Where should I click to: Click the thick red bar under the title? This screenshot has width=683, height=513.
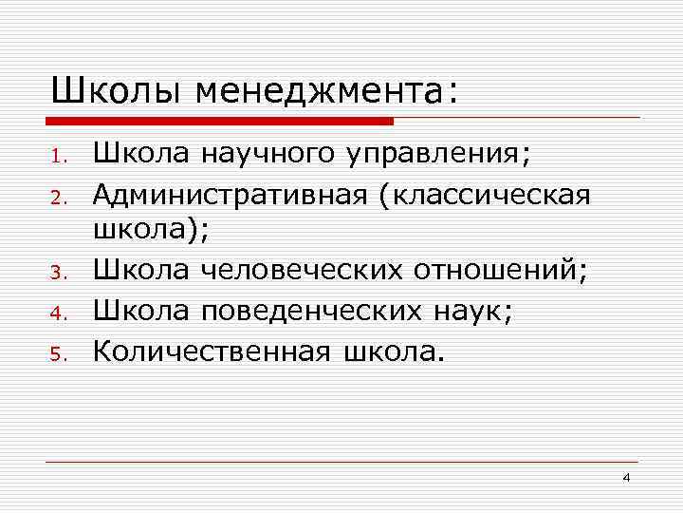(x=219, y=121)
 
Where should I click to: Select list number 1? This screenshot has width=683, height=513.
(x=58, y=157)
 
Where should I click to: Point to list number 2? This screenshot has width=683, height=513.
(x=58, y=199)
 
